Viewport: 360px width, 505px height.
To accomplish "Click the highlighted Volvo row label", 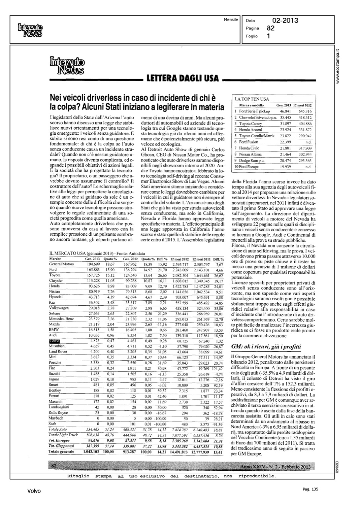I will [x=54, y=341].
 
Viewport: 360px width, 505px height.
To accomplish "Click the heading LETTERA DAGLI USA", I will [x=183, y=79].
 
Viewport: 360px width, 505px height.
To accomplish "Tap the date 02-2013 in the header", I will [x=285, y=21].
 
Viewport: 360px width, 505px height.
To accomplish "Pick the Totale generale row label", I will [x=61, y=451].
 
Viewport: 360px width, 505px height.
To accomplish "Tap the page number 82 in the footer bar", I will [x=54, y=466].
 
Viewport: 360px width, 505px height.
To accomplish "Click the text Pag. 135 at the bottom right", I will [x=310, y=490].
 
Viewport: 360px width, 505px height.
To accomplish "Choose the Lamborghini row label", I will [x=59, y=407].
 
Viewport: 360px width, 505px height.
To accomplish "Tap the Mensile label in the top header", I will [x=231, y=20].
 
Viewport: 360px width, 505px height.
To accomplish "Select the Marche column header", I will [x=55, y=259].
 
